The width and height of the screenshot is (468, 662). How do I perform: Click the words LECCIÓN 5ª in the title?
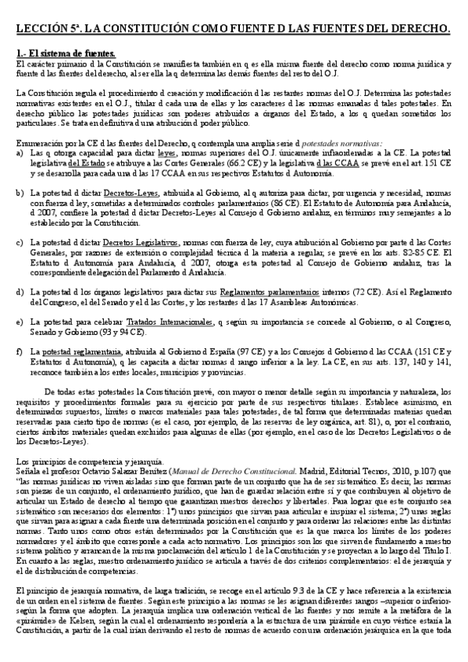pyautogui.click(x=49, y=29)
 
